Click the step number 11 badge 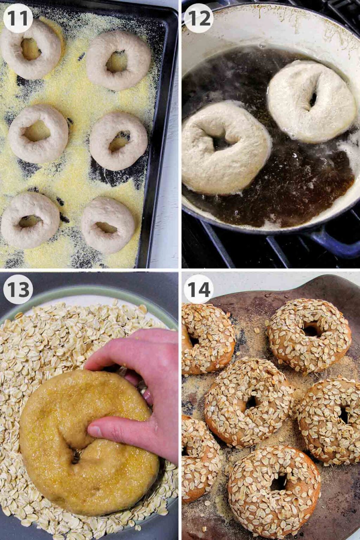coord(18,18)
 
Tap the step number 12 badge coord(199,18)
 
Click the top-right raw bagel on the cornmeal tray coord(118,60)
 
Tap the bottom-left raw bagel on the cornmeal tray coord(30,220)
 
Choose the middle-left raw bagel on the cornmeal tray coord(38,134)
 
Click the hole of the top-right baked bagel coord(311,330)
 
